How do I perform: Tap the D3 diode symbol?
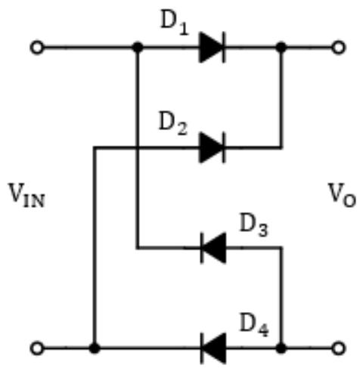point(213,248)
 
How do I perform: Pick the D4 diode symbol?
point(213,348)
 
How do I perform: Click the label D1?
point(175,23)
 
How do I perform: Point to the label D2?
point(173,123)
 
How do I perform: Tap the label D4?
point(254,325)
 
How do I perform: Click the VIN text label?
point(26,195)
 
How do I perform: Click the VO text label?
point(342,195)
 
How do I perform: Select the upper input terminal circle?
point(37,48)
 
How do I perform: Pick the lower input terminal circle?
point(37,348)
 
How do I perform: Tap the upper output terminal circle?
point(338,48)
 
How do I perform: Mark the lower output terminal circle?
point(338,348)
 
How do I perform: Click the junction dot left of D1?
point(138,48)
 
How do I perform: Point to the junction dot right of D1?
point(281,48)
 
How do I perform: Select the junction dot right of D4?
point(281,348)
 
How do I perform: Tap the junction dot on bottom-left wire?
point(95,348)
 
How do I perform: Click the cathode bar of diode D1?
point(224,47)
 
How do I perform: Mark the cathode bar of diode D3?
point(202,248)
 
